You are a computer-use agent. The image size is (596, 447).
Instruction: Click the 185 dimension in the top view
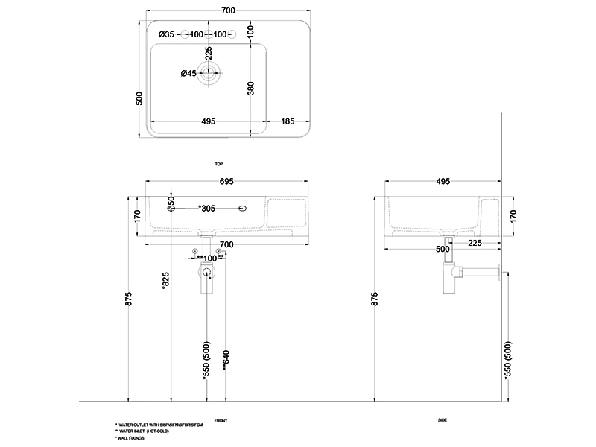point(288,121)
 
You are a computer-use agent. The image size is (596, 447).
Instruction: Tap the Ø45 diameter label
point(188,73)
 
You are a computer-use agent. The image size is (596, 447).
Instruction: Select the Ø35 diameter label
point(166,34)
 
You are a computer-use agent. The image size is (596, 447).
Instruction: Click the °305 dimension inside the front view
point(206,209)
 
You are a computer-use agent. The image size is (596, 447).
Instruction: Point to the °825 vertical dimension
point(165,282)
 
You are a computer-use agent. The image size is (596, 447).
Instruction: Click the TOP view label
point(218,163)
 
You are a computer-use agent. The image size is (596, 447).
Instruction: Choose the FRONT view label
point(221,421)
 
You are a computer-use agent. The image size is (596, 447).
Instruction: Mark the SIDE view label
point(443,421)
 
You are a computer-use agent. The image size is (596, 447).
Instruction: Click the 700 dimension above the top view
point(228,10)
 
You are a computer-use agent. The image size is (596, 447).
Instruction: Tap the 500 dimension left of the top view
point(139,99)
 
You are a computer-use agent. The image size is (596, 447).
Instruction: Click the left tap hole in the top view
point(184,34)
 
